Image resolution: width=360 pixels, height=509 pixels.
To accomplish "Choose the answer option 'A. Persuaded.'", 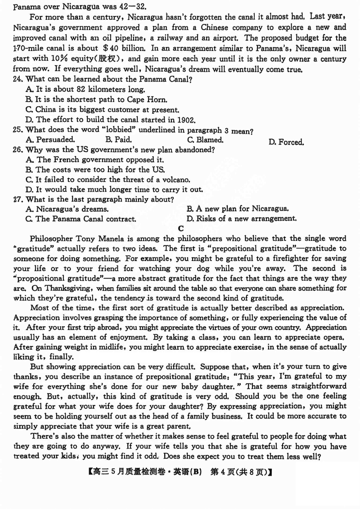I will tap(51, 140).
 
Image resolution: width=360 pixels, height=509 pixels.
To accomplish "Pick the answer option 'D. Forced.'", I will tap(286, 142).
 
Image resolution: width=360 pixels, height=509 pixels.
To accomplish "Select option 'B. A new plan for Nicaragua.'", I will tap(237, 209).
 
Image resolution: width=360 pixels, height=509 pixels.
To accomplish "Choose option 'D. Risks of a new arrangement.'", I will tap(241, 219).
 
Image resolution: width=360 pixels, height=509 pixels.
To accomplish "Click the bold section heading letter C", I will tap(181, 229).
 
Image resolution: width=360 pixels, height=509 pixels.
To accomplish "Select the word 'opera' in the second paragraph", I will tap(335, 337).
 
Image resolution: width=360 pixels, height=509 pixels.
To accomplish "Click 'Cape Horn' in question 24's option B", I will tap(149, 100).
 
